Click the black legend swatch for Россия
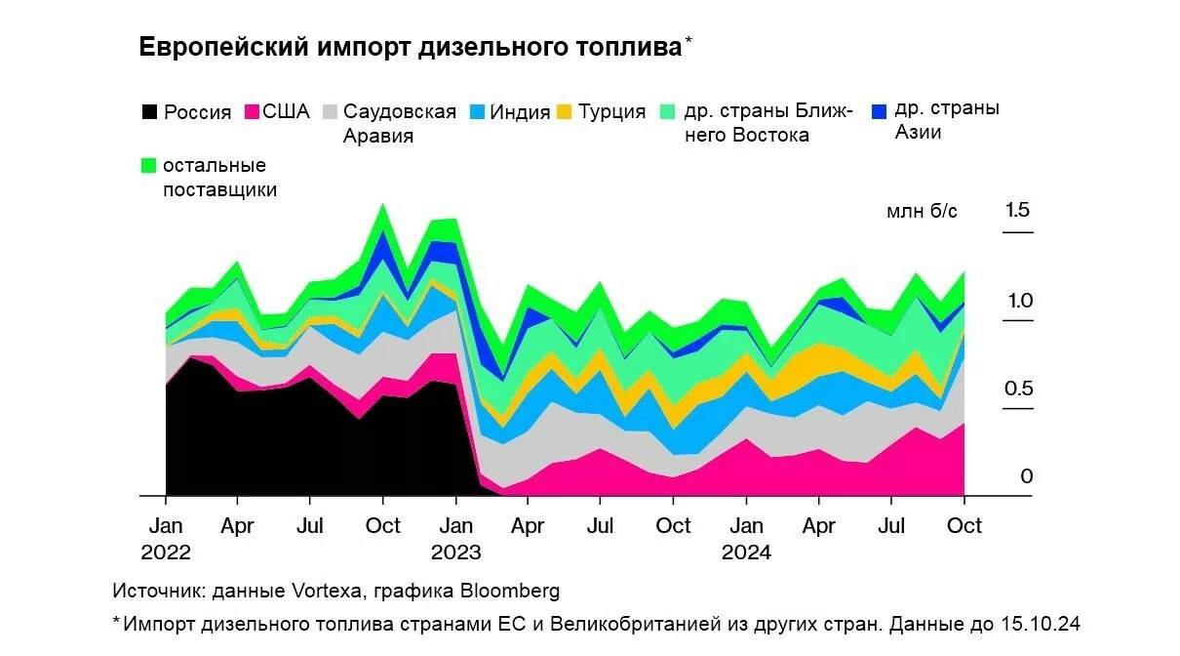pyautogui.click(x=148, y=111)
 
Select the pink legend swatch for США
pyautogui.click(x=250, y=111)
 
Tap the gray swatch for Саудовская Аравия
pyautogui.click(x=331, y=111)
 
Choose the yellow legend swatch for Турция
pyautogui.click(x=565, y=111)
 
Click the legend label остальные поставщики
pyautogui.click(x=219, y=178)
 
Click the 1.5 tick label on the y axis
pyautogui.click(x=1018, y=210)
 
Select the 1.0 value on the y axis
pyautogui.click(x=1018, y=301)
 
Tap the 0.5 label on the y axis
pyautogui.click(x=1018, y=389)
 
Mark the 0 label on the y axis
pyautogui.click(x=1026, y=476)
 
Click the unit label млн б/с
pyautogui.click(x=922, y=212)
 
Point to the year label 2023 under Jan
pyautogui.click(x=455, y=553)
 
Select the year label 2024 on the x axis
pyautogui.click(x=746, y=553)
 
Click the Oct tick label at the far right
pyautogui.click(x=964, y=526)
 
